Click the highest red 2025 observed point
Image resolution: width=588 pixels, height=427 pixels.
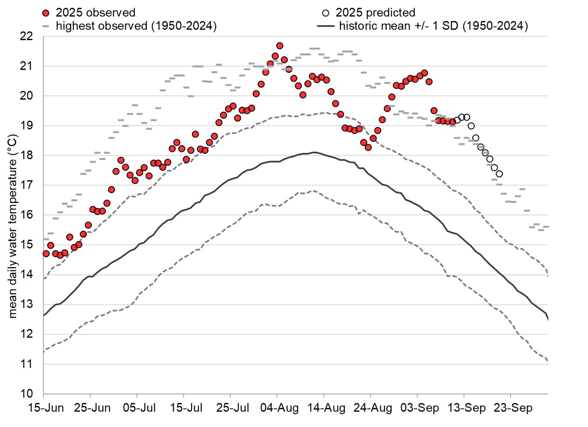click(x=280, y=46)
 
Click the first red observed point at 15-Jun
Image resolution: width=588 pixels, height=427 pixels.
click(x=46, y=254)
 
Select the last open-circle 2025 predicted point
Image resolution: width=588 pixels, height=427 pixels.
click(x=499, y=174)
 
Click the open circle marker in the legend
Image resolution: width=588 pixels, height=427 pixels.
click(x=325, y=13)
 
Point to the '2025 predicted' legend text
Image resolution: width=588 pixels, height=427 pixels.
click(x=375, y=13)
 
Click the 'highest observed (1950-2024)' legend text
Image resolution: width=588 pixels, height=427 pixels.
click(x=136, y=26)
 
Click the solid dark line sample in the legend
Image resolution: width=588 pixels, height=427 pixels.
click(x=325, y=26)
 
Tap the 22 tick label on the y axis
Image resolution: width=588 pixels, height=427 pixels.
click(x=27, y=36)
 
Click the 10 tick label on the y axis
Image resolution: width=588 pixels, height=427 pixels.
click(x=27, y=394)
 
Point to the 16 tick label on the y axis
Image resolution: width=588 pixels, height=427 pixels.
click(x=27, y=215)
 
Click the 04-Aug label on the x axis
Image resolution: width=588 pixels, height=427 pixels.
click(x=279, y=408)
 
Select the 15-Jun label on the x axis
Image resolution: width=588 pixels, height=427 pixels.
click(x=46, y=408)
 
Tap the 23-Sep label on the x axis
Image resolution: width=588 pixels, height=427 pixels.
click(x=513, y=408)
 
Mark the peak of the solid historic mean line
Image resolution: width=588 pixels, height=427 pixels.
click(x=314, y=152)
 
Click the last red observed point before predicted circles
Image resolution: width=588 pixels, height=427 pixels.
click(x=452, y=122)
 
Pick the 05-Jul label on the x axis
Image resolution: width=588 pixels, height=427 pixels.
click(x=139, y=408)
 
